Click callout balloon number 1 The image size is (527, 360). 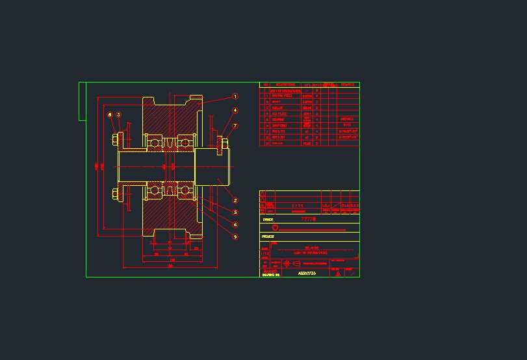(x=235, y=96)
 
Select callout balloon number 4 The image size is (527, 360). (x=235, y=110)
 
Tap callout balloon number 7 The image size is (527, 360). (x=235, y=126)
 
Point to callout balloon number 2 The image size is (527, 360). (x=235, y=200)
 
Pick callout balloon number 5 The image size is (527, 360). (x=235, y=212)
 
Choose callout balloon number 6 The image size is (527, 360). (x=235, y=225)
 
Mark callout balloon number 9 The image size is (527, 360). (x=235, y=237)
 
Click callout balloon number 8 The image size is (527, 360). (x=110, y=115)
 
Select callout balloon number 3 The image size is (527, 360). (x=119, y=115)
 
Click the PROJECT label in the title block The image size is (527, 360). (x=268, y=237)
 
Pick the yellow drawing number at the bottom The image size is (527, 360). (x=306, y=274)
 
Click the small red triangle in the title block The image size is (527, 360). (x=337, y=274)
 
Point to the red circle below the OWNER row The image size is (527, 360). (x=276, y=227)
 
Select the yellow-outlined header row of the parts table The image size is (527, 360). (x=309, y=84)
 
